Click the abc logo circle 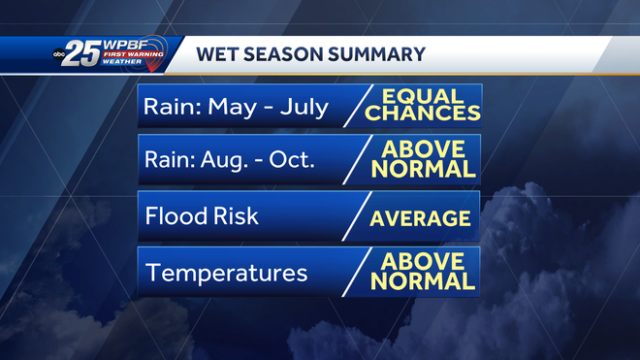point(59,56)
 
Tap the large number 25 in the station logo point(84,54)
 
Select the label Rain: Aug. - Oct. point(230,160)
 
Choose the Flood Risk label point(202,215)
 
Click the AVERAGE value point(420,217)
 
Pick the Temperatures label point(226,273)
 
